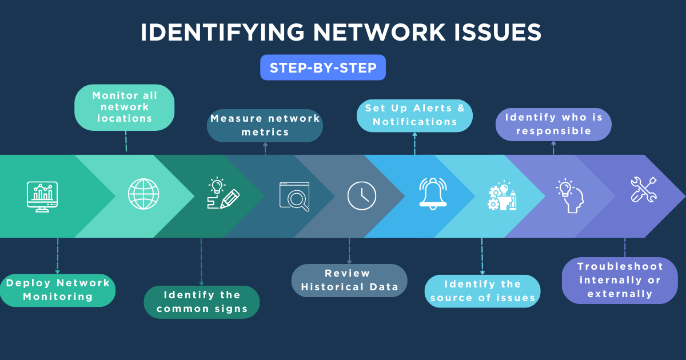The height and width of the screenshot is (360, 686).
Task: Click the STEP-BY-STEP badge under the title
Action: [x=323, y=67]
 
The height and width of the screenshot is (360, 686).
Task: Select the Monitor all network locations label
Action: [x=125, y=107]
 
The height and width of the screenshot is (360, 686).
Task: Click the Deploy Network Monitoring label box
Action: [x=58, y=290]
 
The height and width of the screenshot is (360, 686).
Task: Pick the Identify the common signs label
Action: [x=201, y=302]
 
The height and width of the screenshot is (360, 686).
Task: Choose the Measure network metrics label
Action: [x=265, y=125]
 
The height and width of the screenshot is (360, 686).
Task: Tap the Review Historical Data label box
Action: [x=349, y=280]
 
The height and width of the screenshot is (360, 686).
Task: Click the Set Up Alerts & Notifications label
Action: [x=414, y=115]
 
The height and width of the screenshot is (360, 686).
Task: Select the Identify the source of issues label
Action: [x=482, y=291]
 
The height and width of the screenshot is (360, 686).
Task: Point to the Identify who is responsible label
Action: [x=553, y=124]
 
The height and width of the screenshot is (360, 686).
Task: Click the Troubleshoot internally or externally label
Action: [x=620, y=280]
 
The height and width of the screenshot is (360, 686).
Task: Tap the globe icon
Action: [x=143, y=194]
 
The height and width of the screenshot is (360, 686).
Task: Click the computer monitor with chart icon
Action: [x=42, y=196]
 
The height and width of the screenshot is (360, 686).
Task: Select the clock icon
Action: [x=362, y=195]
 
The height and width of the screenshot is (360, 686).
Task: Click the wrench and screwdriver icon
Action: [x=644, y=190]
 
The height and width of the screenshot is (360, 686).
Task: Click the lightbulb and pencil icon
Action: [x=222, y=194]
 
